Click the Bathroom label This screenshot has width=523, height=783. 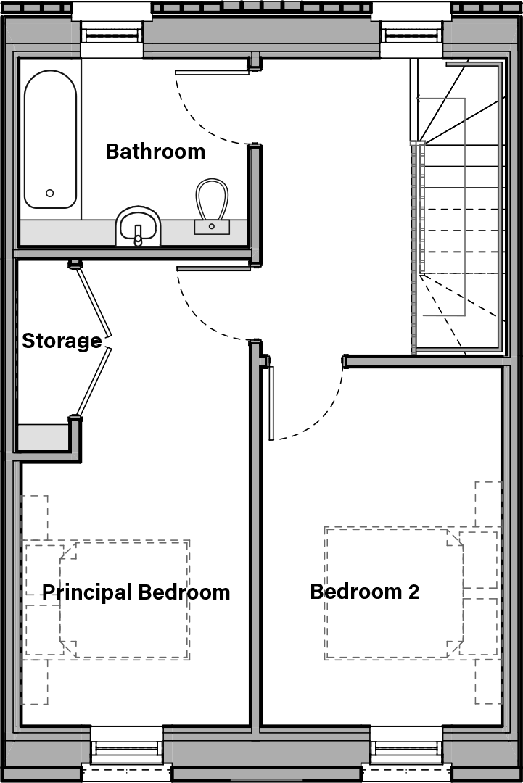pos(155,152)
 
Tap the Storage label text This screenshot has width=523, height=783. pos(62,341)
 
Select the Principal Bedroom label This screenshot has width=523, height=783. pos(136,592)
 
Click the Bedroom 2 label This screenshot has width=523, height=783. pos(364,592)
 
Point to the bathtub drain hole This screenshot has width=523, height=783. pos(50,193)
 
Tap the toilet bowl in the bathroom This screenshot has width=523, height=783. pos(212,198)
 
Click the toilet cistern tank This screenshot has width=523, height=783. pos(212,227)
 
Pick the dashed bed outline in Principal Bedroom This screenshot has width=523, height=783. pos(125,600)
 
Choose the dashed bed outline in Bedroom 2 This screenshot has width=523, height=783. pos(394,593)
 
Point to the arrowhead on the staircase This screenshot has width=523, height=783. pos(419,99)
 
